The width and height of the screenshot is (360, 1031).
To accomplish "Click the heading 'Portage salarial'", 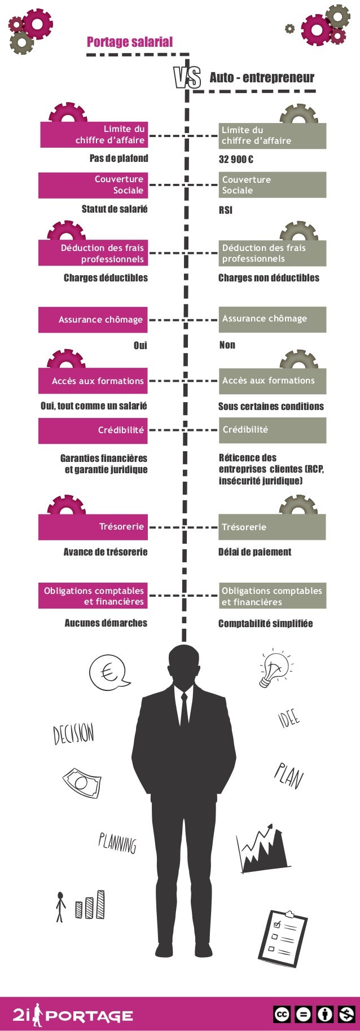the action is tap(130, 42).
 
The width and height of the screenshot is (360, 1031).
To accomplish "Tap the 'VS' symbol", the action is tap(187, 78).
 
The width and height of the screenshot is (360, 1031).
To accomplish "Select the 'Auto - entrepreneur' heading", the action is tap(262, 78).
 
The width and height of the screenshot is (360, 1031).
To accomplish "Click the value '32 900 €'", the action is tap(236, 159).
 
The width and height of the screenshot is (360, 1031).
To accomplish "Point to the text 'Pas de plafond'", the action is tap(118, 158).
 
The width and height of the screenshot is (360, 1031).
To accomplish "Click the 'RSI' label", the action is tap(225, 210).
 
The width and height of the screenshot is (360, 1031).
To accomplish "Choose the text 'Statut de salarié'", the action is tap(115, 209).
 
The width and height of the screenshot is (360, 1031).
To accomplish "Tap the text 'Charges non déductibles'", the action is tap(269, 277).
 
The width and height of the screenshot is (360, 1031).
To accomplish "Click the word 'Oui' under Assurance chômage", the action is tap(140, 345).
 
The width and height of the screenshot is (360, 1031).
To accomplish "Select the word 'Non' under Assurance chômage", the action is tap(227, 345).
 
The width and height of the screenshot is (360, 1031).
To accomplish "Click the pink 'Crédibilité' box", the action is tap(93, 430).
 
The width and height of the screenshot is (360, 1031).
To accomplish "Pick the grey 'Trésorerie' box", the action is tap(272, 527).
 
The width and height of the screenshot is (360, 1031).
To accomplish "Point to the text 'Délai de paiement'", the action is tap(254, 552).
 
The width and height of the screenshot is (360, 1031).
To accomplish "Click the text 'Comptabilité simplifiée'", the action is tap(265, 623).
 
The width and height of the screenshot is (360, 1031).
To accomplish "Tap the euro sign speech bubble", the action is tap(108, 672).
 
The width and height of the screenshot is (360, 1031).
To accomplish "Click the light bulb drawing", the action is tap(274, 669).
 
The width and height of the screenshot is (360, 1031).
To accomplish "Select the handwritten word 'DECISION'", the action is tap(73, 733).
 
